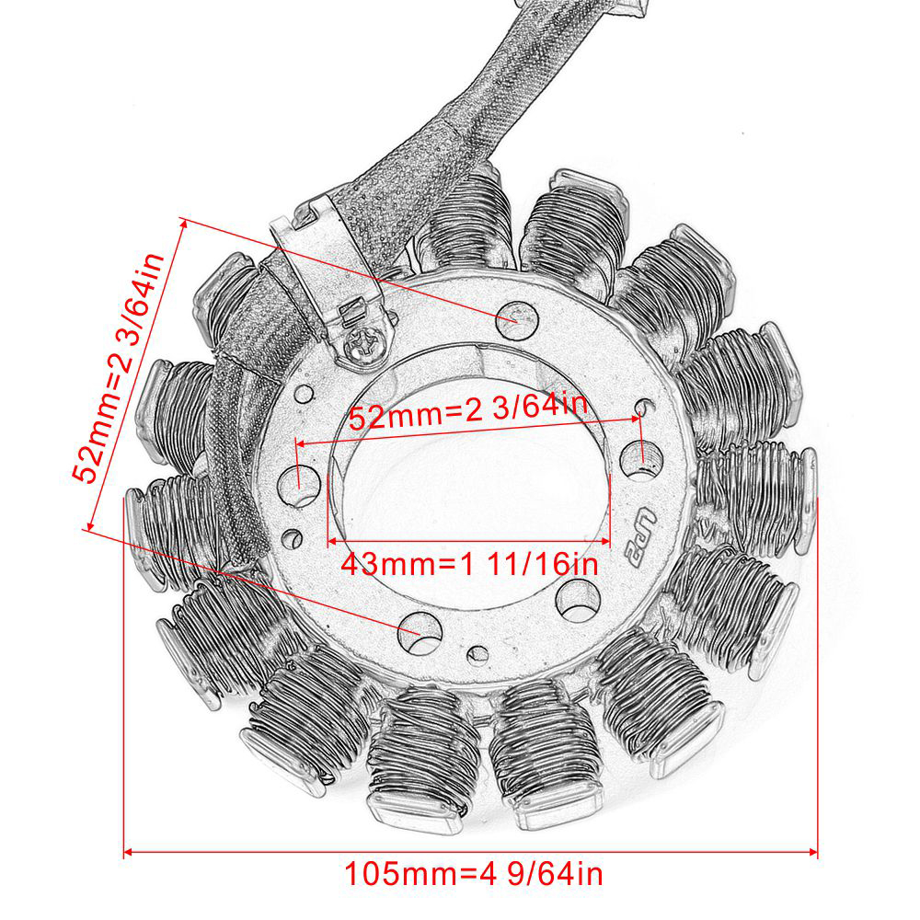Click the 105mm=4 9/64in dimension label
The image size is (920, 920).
click(x=474, y=874)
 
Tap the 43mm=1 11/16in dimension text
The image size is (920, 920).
click(x=469, y=565)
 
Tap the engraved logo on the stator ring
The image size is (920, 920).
click(x=639, y=537)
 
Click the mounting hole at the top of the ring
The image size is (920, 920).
click(x=517, y=320)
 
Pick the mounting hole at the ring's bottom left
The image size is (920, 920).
click(x=420, y=633)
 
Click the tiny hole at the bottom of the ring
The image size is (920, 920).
click(x=477, y=655)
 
